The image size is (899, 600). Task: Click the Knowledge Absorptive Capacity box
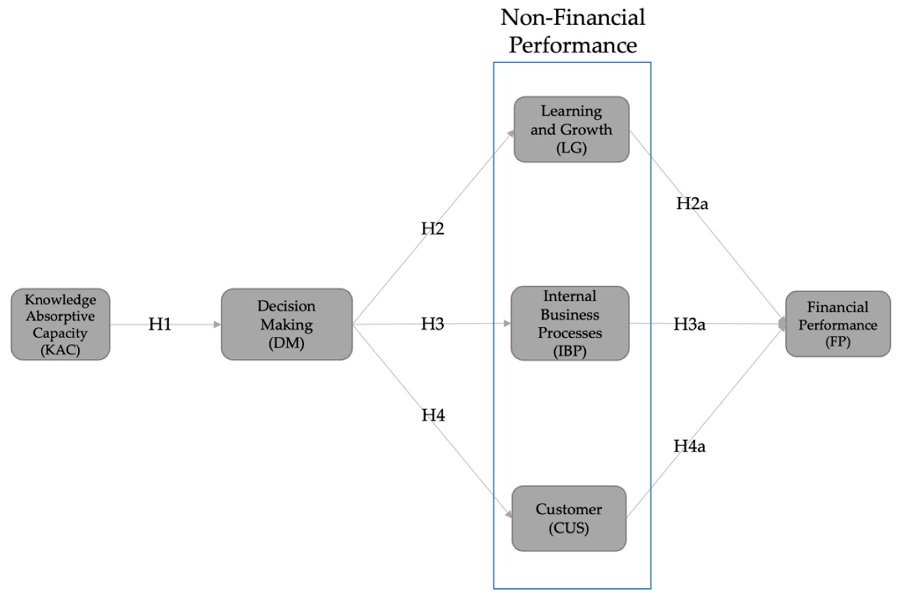[x=60, y=324]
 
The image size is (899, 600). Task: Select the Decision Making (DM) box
[x=286, y=324]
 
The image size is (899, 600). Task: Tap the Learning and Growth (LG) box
[x=571, y=129]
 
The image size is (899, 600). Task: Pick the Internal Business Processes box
[x=570, y=323]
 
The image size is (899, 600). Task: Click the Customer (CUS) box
[x=569, y=518]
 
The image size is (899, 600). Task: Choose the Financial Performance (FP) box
[x=838, y=324]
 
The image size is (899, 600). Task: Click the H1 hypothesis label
[x=160, y=324]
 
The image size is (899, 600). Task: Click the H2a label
[x=692, y=204]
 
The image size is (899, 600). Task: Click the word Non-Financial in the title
[x=573, y=18]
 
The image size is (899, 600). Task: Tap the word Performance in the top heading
[x=573, y=45]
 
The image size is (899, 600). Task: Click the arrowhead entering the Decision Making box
[x=217, y=324]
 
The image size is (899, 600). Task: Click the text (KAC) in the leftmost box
[x=60, y=350]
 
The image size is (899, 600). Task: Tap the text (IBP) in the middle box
[x=570, y=351]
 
